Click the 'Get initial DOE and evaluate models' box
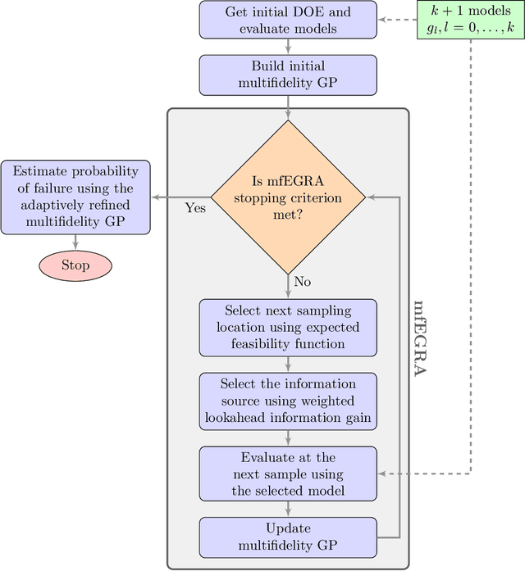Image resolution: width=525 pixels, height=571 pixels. point(288,20)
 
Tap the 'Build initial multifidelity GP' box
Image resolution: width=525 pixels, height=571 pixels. point(288,75)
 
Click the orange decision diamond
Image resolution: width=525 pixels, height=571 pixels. point(288,197)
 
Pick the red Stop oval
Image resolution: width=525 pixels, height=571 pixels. point(75,265)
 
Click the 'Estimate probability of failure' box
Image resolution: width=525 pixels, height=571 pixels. point(75,195)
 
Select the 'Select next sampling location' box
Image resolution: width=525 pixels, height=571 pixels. point(288,327)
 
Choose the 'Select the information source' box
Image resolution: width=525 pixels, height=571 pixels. point(288,400)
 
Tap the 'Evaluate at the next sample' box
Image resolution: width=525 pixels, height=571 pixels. point(288,474)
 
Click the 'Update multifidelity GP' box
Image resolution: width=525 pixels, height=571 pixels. point(288,537)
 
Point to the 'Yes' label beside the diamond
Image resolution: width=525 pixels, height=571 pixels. point(195,209)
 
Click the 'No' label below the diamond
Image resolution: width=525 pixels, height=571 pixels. point(303,282)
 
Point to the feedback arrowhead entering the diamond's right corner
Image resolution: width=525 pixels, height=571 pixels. point(371,197)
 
